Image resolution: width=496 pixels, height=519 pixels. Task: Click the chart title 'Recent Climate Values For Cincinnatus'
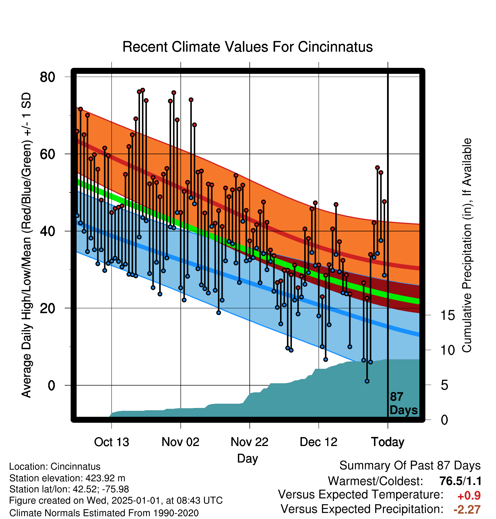tap(247, 47)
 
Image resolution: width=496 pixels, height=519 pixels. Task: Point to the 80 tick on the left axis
tap(47, 77)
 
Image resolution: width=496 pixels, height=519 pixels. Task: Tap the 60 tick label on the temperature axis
tap(47, 154)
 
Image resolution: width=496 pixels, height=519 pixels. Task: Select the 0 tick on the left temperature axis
tap(51, 386)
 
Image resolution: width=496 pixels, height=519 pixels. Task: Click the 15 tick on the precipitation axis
tap(447, 315)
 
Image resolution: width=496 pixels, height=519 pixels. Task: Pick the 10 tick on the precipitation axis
tap(447, 350)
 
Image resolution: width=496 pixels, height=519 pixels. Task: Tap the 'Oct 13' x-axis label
tap(112, 442)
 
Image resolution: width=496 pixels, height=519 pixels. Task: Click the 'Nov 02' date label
tap(180, 442)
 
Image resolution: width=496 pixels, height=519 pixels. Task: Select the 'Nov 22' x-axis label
tap(249, 442)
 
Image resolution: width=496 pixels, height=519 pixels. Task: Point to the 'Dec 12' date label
tap(319, 442)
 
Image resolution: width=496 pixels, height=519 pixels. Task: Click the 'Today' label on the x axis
tap(388, 442)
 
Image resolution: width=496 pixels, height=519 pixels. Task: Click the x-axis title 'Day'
tap(247, 459)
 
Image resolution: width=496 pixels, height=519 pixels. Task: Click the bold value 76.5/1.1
tap(460, 481)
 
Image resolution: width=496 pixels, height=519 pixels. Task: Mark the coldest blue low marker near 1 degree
tap(367, 381)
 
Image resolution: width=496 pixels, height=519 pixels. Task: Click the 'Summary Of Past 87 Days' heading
tap(410, 466)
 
